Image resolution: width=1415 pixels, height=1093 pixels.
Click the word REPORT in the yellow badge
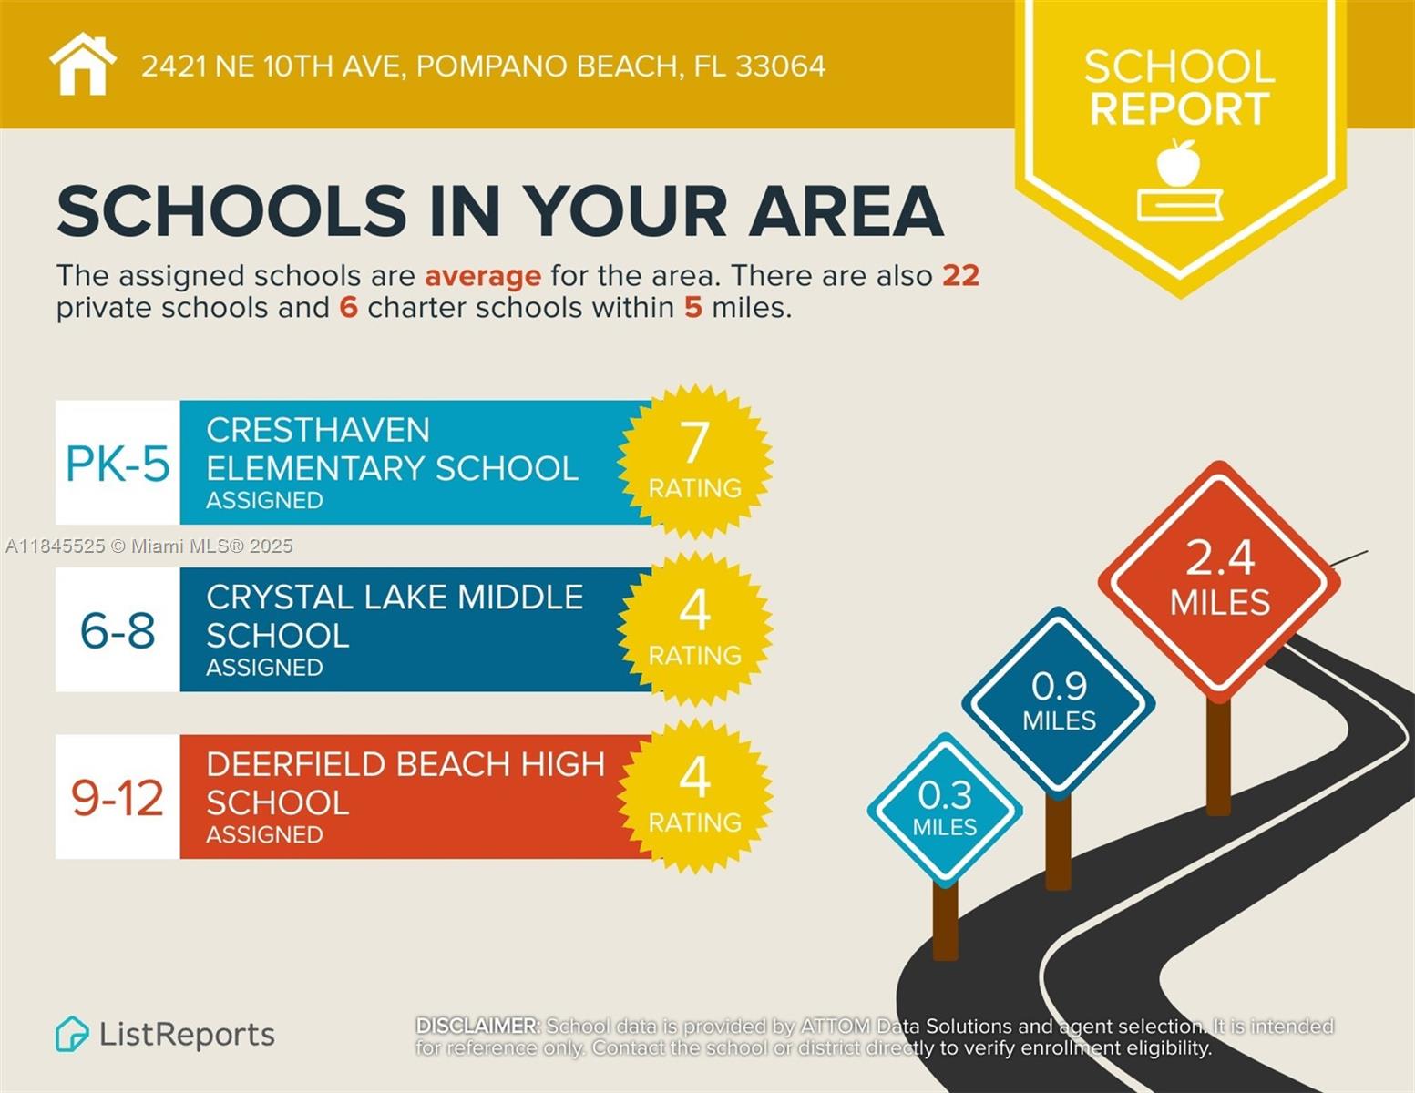1179,109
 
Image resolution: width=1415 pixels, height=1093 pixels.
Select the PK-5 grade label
118,464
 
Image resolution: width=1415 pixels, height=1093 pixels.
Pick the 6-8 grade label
118,630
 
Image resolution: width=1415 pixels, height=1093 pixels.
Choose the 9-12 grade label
118,798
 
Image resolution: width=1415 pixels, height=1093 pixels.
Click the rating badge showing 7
694,461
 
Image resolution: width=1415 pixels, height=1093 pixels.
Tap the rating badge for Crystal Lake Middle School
694,628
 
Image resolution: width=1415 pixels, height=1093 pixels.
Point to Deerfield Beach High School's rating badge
694,796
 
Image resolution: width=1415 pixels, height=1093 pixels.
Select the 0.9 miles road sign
1059,702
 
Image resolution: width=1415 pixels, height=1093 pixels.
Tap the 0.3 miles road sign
945,809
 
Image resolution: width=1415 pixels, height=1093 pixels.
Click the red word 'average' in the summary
483,275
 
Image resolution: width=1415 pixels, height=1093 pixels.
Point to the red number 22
961,275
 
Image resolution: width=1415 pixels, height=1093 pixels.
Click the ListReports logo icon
72,1034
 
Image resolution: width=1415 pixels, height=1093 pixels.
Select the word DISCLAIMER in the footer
477,1026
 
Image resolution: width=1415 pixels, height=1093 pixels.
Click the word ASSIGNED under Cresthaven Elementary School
264,500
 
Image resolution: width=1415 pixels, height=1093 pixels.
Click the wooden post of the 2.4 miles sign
1218,756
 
